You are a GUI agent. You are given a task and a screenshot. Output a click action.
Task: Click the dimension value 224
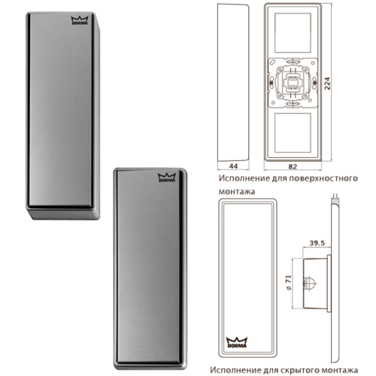pos(327,83)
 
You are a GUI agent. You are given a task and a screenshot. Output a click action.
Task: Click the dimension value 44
pos(234,166)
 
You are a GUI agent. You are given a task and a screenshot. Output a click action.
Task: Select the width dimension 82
pos(293,166)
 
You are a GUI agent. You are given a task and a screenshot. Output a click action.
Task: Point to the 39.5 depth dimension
pos(317,243)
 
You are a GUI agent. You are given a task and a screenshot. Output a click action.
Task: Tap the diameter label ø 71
pos(289,283)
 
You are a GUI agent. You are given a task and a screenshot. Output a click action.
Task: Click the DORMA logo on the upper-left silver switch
pos(80,20)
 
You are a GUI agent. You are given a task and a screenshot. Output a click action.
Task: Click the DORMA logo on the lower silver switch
pos(167,177)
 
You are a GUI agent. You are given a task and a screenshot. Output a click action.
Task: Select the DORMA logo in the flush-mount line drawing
pos(237,343)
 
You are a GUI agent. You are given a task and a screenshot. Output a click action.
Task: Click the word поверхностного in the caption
pos(323,178)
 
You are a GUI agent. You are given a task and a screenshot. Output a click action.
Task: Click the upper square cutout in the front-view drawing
pos(293,32)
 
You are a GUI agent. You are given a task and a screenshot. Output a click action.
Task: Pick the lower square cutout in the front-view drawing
pos(293,133)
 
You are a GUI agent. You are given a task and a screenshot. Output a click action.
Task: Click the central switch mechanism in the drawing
pos(293,83)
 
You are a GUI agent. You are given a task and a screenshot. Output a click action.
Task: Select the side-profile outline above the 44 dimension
pos(233,83)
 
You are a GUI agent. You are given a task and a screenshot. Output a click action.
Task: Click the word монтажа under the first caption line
pos(237,192)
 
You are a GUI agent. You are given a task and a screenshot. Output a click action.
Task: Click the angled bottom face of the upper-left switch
pos(64,214)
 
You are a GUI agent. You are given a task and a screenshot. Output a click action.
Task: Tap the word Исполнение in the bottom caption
pos(235,370)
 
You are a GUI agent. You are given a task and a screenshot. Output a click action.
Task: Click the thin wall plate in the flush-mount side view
pos(335,283)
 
